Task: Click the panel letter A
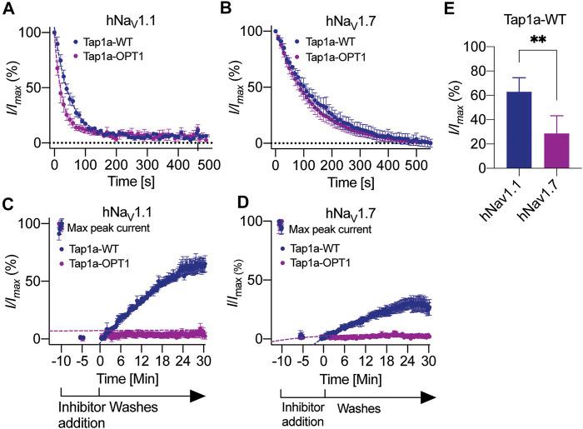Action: click(x=7, y=9)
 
